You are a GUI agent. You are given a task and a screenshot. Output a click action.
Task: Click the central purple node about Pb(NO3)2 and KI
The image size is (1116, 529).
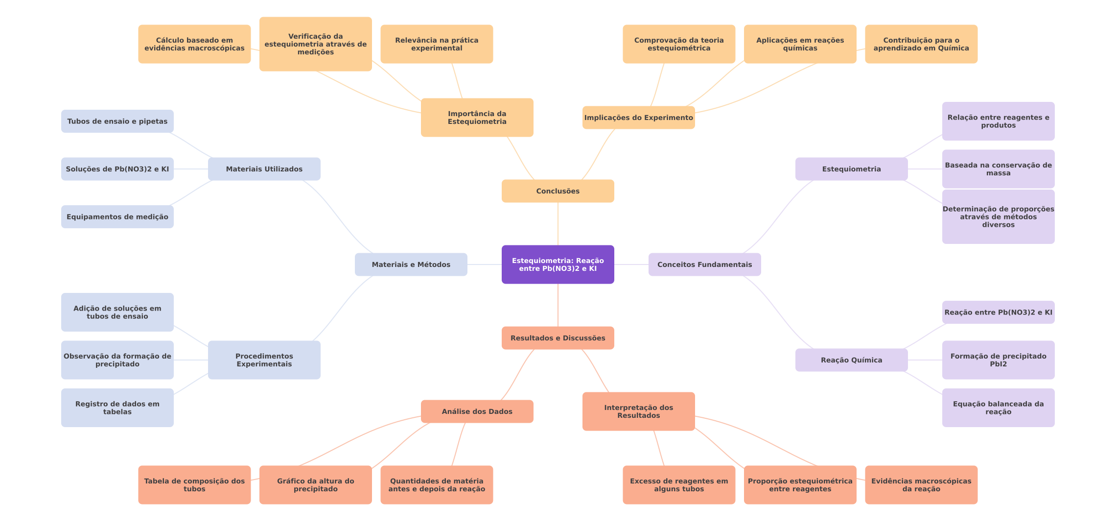[x=558, y=264]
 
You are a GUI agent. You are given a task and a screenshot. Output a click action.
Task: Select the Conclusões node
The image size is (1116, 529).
[x=558, y=191]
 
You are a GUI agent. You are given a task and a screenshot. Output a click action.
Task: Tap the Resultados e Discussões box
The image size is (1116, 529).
[x=558, y=338]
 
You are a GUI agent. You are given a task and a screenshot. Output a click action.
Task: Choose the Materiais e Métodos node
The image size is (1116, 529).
[x=411, y=264]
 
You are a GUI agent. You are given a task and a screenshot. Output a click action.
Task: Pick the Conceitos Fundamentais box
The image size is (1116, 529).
[x=704, y=264]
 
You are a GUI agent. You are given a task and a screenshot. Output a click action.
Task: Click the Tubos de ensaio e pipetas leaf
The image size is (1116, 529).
[x=117, y=121]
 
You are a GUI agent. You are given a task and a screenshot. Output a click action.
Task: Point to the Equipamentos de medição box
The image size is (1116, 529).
[x=117, y=217]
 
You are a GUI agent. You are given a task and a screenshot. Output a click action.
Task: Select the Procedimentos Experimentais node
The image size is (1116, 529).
[x=264, y=360]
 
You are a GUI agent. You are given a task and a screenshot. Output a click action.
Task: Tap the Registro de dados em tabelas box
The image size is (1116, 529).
[x=117, y=408]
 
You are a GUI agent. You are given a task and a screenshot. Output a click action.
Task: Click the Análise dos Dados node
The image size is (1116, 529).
[x=477, y=411]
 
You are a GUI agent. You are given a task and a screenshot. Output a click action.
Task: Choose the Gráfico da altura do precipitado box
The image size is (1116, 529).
[x=315, y=485]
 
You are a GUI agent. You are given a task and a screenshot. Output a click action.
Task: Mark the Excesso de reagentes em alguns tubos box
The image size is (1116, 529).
[x=678, y=485]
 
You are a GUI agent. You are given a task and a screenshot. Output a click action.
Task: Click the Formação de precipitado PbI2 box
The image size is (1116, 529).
[x=998, y=360]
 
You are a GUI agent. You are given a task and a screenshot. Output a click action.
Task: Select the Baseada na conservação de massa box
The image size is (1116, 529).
[x=998, y=169]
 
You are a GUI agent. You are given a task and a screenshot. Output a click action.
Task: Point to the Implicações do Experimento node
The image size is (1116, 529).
[x=638, y=118]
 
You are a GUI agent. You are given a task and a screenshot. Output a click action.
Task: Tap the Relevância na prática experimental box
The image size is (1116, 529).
[x=437, y=44]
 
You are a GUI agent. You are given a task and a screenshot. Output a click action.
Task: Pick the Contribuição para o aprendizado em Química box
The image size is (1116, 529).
[x=921, y=44]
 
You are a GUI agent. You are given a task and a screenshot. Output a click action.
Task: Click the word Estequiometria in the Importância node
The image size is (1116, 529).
[x=477, y=122]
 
